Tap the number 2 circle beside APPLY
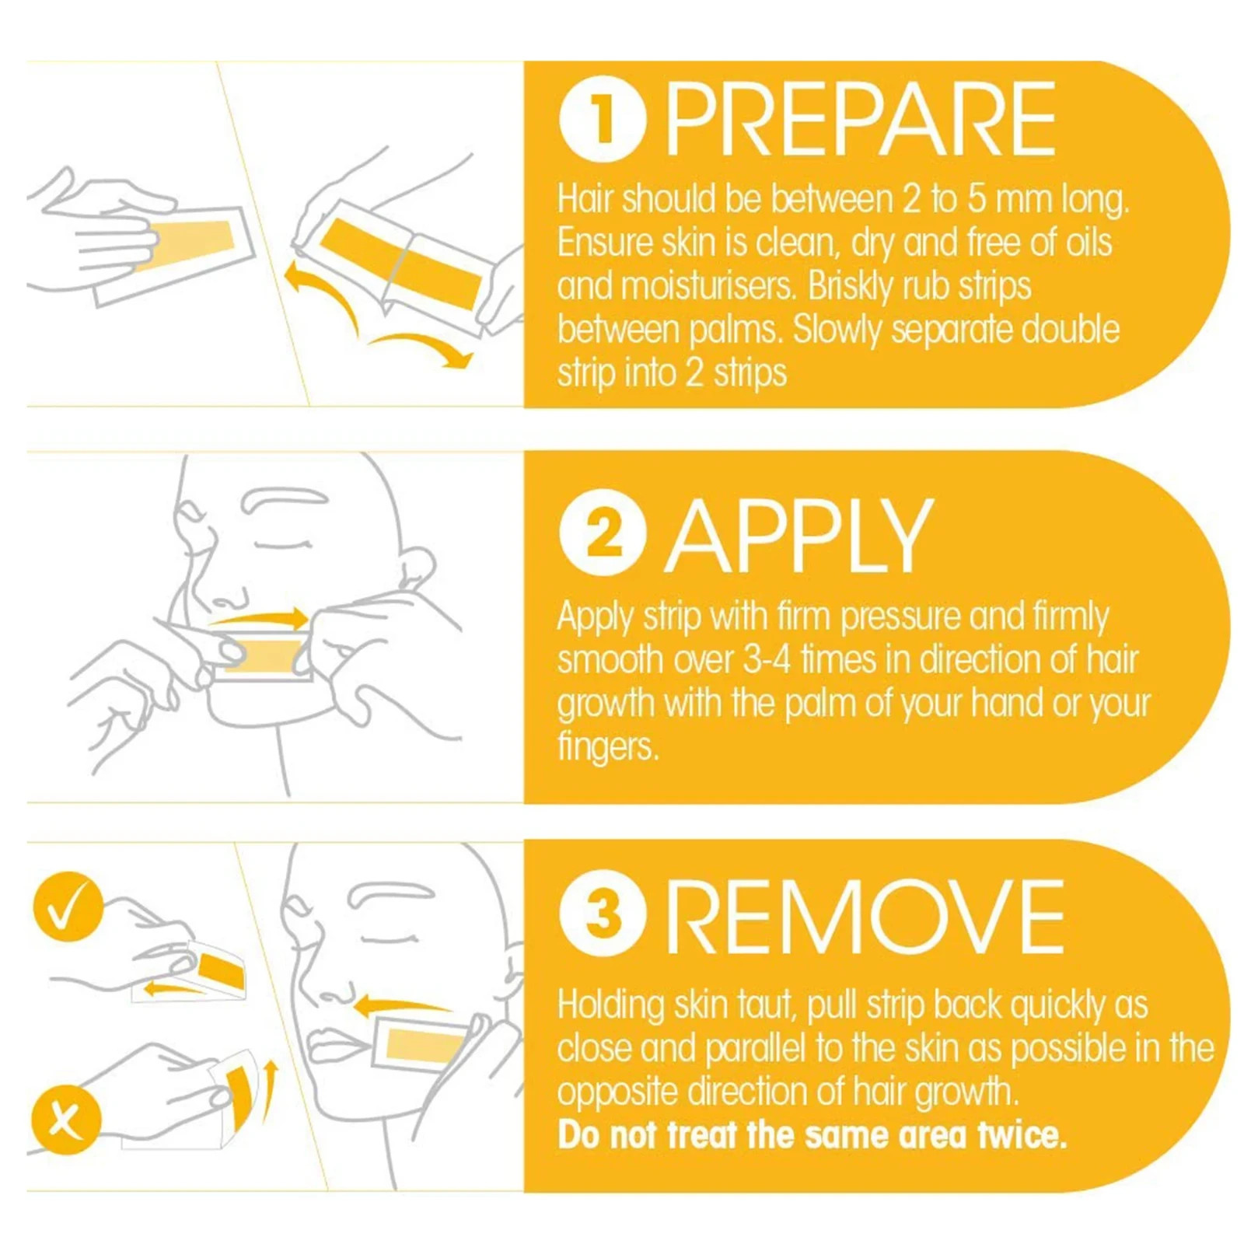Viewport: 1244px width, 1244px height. (603, 533)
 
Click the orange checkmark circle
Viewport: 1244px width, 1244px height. (68, 907)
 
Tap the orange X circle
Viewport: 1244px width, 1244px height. (66, 1120)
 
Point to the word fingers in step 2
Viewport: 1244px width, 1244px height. (607, 747)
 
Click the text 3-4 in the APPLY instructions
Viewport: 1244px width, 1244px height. (767, 659)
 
